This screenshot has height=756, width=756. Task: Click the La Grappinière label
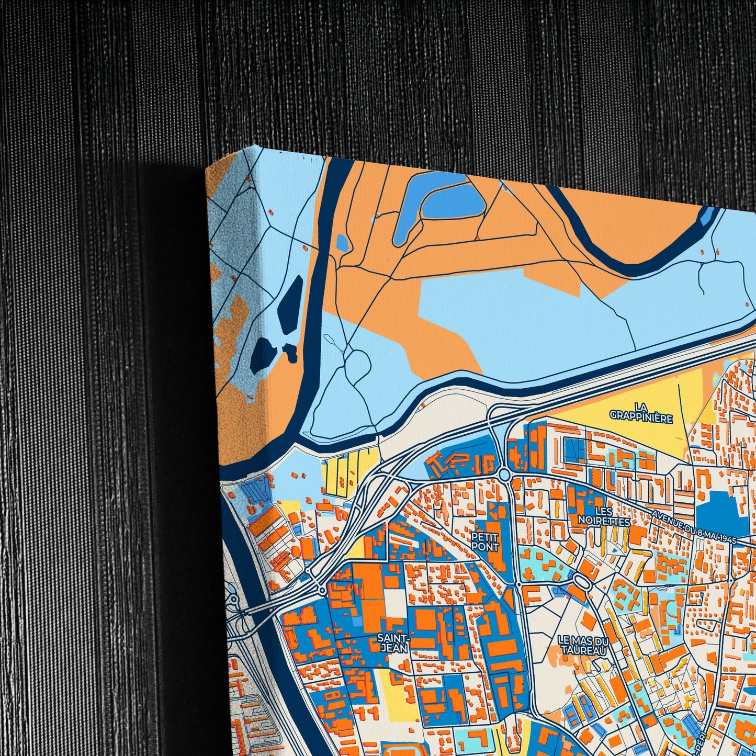pos(641,412)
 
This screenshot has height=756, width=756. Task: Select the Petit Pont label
pos(485,541)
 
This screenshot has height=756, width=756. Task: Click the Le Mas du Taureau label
pos(583,645)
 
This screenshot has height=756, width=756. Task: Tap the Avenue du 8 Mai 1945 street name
pos(694,527)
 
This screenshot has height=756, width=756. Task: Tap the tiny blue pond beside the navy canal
pos(342,242)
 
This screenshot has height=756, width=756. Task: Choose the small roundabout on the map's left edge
pos(234,600)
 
